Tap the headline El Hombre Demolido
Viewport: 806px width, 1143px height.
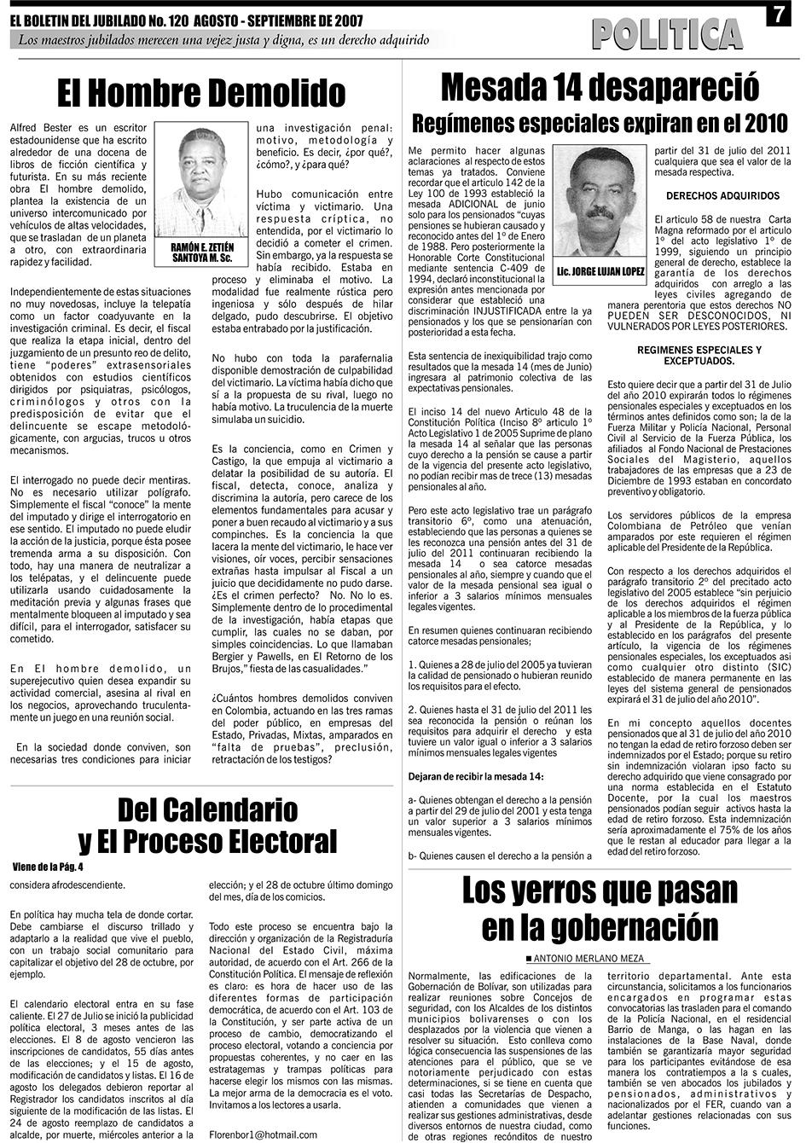tap(200, 92)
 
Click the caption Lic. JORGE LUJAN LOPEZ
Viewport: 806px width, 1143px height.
tap(599, 272)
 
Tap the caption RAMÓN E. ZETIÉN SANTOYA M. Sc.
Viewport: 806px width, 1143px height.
tap(202, 252)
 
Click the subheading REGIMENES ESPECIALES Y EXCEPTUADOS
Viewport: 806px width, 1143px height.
tap(699, 356)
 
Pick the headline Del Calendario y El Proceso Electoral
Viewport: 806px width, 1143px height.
tap(207, 824)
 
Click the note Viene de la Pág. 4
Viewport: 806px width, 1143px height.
tap(49, 867)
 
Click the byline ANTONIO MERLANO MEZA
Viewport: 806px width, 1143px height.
tap(586, 959)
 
